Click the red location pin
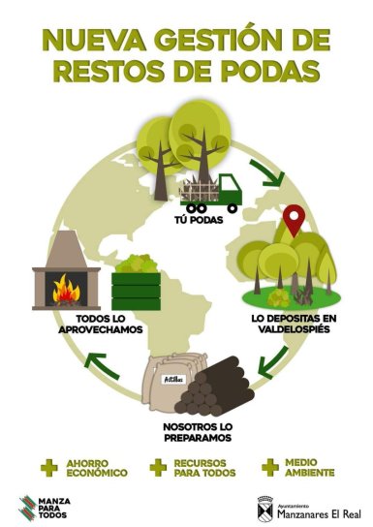click(294, 222)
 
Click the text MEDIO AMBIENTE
click(308, 468)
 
